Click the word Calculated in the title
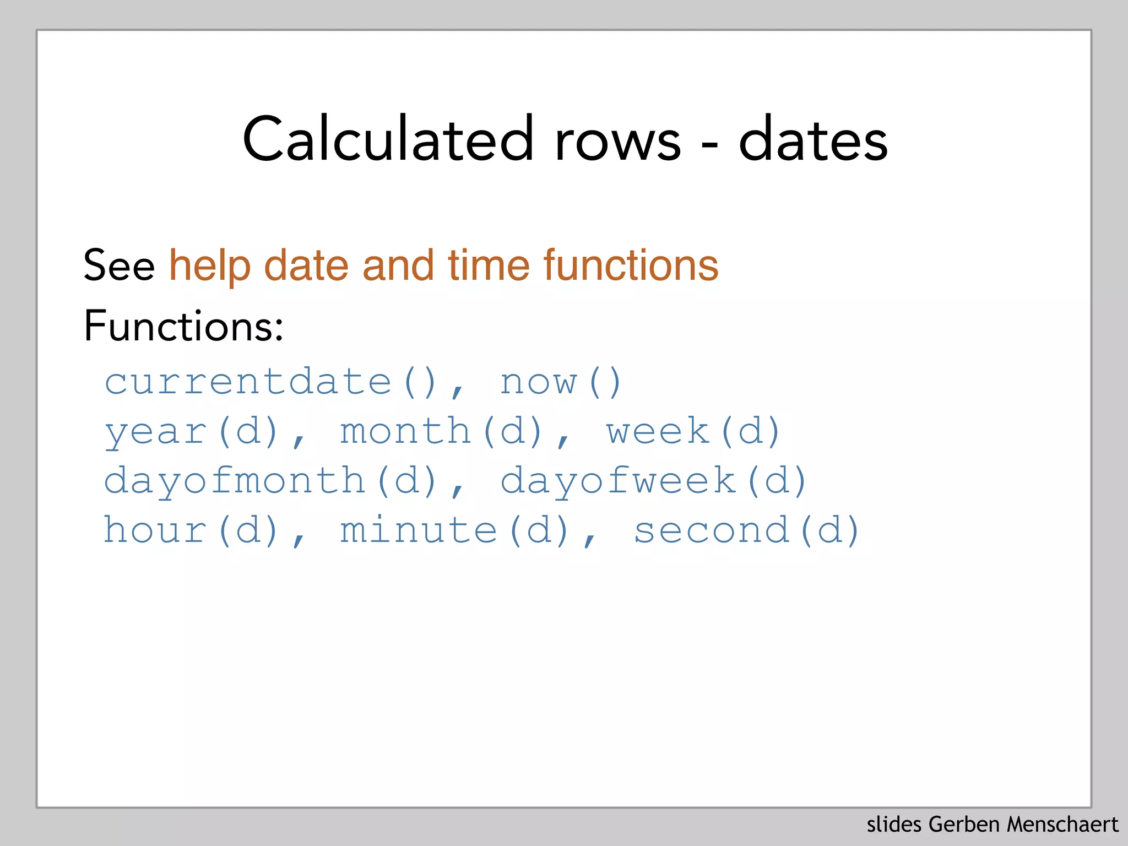click(388, 139)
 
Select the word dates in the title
click(813, 139)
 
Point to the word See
click(119, 265)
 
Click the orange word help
click(209, 265)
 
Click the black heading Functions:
click(183, 326)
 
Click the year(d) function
click(192, 431)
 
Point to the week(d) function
click(693, 431)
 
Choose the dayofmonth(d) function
click(271, 481)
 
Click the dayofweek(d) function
click(653, 481)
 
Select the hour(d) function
click(192, 530)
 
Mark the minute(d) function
click(455, 530)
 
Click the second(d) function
click(746, 530)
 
